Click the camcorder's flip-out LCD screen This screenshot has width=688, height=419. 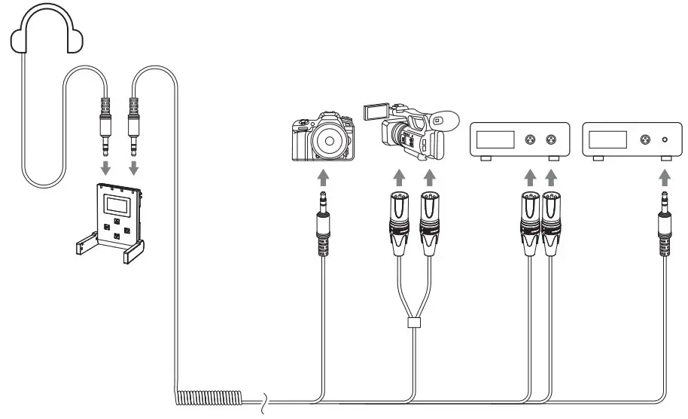(375, 112)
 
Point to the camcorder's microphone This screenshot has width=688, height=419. (443, 120)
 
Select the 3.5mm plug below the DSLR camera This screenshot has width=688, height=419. (322, 223)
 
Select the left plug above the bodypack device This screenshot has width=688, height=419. (105, 124)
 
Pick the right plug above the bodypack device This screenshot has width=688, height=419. (134, 124)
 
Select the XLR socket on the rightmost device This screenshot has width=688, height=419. (644, 139)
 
